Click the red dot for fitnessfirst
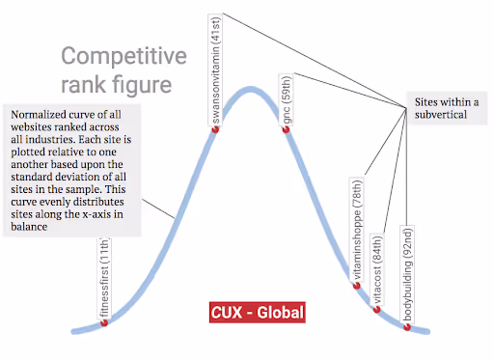coord(104,322)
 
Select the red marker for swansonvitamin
coord(215,129)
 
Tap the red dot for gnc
coord(286,129)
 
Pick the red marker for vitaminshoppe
coord(356,286)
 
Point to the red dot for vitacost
coord(376,310)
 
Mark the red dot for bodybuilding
coord(407,327)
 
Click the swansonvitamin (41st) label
coord(215,69)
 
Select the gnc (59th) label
coord(287,99)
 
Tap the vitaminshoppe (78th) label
coord(357,230)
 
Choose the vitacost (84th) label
coord(377,269)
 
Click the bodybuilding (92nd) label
coord(407,274)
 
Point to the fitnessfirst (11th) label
coord(104,278)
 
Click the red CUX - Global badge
coord(258,313)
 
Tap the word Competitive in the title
coord(123,57)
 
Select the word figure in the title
coord(142,85)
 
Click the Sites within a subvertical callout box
coord(447,108)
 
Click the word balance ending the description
coord(29,227)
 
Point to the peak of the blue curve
coord(251,89)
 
